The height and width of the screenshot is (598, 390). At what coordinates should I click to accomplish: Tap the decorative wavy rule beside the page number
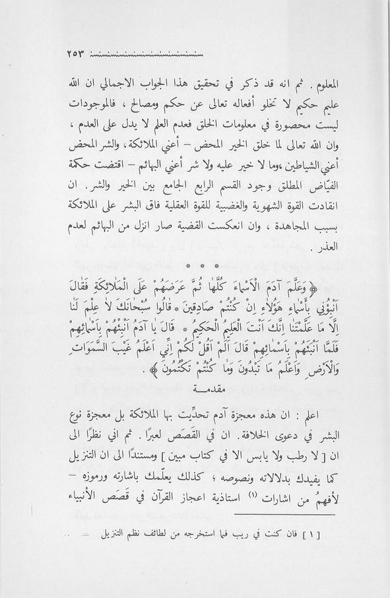(x=146, y=53)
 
